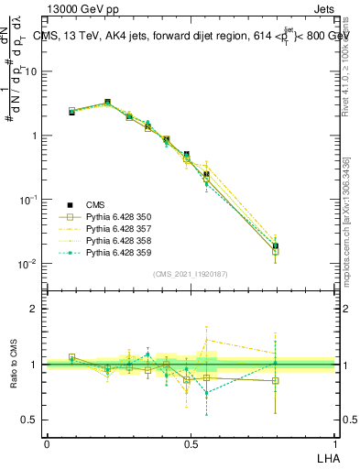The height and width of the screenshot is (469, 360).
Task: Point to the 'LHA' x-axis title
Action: point(325,457)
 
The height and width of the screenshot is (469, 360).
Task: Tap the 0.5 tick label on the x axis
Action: point(191,443)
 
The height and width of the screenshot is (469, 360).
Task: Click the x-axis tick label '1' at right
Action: point(335,443)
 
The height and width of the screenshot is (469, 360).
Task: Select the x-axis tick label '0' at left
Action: point(47,443)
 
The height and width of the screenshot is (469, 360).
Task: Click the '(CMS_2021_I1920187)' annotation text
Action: point(190,274)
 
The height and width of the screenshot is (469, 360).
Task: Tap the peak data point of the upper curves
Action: point(108,103)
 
